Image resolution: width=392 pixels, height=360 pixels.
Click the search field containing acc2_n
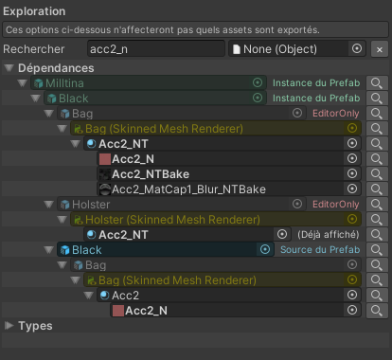click(156, 49)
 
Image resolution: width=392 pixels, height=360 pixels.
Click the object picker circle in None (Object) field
click(357, 48)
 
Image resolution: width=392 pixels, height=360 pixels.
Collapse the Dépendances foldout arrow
click(9, 68)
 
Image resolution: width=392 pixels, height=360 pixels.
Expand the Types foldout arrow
click(9, 326)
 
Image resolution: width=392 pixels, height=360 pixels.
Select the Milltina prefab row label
click(64, 83)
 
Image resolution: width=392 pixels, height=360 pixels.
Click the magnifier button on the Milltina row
click(377, 83)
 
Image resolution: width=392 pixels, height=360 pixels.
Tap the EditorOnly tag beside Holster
click(336, 205)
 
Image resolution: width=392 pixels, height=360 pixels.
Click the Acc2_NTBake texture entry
click(151, 174)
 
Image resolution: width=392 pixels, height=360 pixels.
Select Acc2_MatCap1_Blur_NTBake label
click(188, 189)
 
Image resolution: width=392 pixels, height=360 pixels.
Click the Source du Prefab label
click(320, 250)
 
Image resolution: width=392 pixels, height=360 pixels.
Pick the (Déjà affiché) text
click(329, 235)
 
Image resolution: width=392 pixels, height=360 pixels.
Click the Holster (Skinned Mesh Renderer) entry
click(172, 220)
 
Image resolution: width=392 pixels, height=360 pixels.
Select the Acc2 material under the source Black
click(125, 296)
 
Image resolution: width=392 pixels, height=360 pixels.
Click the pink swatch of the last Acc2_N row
click(118, 311)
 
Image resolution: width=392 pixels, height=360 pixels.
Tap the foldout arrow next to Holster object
click(48, 205)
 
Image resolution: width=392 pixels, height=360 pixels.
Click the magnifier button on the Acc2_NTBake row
click(377, 174)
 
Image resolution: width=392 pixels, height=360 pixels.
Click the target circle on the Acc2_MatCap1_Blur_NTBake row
click(352, 189)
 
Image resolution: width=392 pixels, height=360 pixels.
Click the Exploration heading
click(34, 11)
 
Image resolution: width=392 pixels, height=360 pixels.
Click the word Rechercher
click(34, 49)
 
